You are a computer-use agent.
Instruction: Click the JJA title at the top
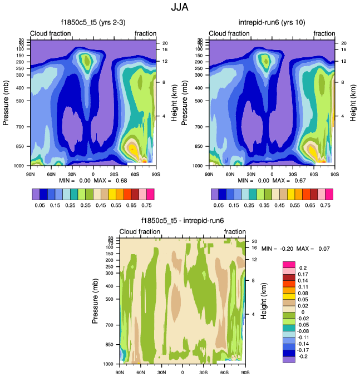180,8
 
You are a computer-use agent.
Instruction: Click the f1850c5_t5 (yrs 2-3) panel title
93,23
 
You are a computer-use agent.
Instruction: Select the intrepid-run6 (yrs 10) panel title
272,23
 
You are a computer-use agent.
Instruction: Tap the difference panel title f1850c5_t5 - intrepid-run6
183,221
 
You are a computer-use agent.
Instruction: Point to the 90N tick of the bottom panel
120,371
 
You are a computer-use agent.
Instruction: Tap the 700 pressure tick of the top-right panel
199,127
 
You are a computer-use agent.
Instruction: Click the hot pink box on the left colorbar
150,194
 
